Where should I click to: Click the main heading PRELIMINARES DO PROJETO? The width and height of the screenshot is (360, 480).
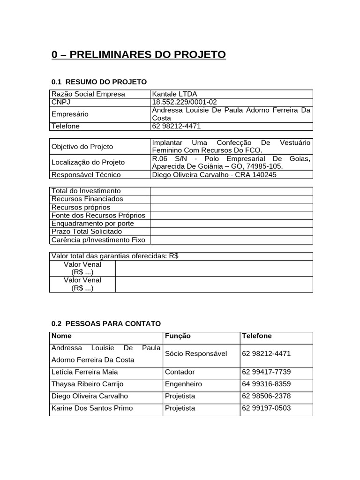coord(139,55)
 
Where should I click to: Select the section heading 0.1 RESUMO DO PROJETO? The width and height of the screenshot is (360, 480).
coord(99,82)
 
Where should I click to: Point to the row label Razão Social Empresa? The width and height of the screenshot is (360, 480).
coord(88,94)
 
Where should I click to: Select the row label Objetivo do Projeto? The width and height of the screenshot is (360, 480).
coord(82,147)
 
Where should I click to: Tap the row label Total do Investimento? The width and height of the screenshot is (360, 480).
coord(86,191)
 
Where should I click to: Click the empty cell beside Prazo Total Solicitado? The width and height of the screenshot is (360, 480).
coord(231,232)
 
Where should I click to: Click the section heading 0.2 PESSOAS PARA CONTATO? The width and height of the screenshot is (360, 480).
coord(106,324)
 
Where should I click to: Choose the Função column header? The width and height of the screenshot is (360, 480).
coord(178,336)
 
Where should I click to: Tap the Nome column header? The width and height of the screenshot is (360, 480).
coord(61,336)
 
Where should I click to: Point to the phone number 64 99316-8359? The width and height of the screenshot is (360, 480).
coord(266,384)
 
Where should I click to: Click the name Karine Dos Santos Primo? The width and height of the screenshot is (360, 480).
coord(92,408)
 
